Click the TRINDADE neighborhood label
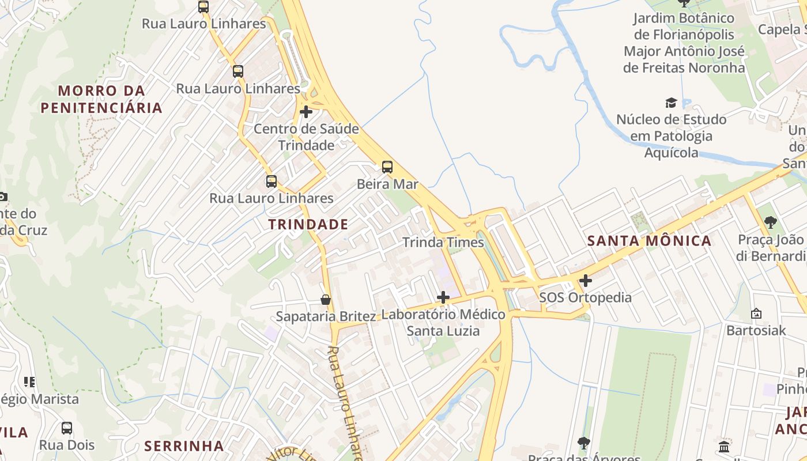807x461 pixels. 308,224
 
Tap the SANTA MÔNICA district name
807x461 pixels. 649,241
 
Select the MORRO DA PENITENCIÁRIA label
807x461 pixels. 101,99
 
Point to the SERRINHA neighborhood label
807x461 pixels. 184,445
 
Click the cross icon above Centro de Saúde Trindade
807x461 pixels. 306,112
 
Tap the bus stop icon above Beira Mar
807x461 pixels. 387,167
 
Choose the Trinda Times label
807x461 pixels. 443,242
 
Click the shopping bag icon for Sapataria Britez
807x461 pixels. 326,300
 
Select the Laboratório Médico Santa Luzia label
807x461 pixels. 443,322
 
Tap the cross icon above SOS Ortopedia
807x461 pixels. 586,281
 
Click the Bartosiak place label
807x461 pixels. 756,330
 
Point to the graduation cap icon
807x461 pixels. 671,103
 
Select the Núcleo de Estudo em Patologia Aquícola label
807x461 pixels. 671,136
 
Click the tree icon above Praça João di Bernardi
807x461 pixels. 770,222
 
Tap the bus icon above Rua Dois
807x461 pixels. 67,428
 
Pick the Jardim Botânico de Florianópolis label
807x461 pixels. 684,43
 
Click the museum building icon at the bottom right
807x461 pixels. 725,446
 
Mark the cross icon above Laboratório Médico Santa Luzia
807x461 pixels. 443,297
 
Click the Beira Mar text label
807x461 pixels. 387,184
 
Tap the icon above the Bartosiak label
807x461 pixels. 756,313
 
